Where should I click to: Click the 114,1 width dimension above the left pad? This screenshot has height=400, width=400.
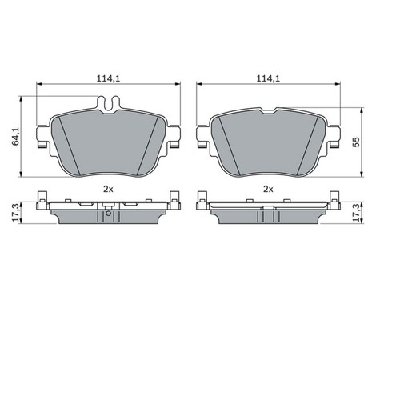coord(108,79)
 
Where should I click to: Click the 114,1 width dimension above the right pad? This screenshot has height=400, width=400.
coord(267,79)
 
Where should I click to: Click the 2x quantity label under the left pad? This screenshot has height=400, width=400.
coord(108,189)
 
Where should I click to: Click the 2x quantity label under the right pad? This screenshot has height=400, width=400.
coord(267,189)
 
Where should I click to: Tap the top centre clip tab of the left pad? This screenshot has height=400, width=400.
coord(108,102)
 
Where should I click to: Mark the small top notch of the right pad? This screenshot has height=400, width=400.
coord(267,110)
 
